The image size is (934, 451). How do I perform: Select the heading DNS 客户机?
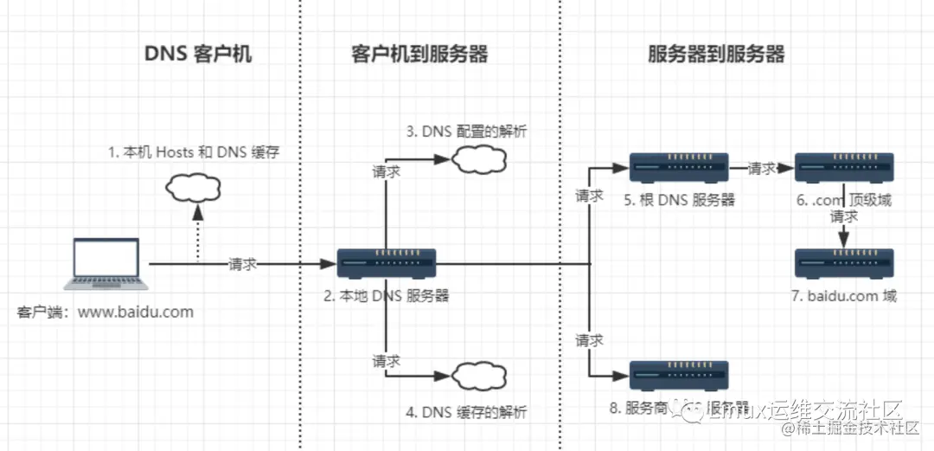coord(198,55)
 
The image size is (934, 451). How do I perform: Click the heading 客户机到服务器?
coord(419,55)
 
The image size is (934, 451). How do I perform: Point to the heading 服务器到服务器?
coord(716,55)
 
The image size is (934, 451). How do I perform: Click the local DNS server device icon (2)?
coord(387,263)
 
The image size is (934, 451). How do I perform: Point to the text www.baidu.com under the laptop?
coord(136,312)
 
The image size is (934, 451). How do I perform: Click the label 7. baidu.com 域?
coord(843,296)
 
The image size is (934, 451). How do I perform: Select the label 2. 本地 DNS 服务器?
coord(387,295)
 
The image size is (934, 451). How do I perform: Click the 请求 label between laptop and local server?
coord(243,264)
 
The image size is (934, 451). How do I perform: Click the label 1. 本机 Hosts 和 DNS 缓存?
coord(194,153)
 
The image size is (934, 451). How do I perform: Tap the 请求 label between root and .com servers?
coord(762,168)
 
